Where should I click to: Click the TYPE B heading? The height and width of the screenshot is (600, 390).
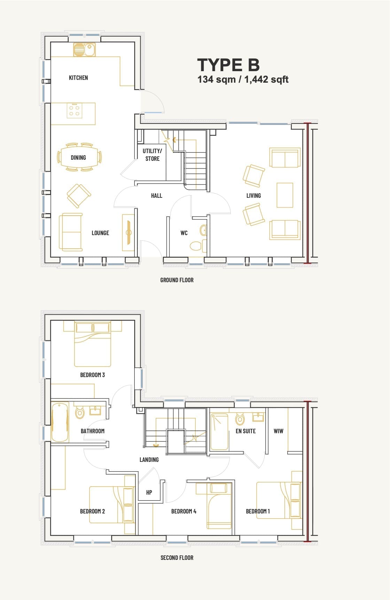coord(228,65)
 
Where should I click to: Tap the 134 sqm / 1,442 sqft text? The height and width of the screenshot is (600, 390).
coord(243,80)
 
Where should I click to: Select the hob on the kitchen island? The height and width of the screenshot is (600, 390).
coord(75,110)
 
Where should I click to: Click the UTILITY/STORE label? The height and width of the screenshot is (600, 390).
coord(152,155)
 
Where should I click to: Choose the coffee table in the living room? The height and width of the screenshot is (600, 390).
coord(285,195)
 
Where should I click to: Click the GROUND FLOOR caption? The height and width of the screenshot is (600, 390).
coord(177,280)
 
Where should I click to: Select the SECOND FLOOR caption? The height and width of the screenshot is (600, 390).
coord(177,557)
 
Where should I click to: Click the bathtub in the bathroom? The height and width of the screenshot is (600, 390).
coord(60,422)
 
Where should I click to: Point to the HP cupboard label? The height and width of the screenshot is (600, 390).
coord(149,492)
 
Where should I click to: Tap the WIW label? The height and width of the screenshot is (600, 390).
coord(278,431)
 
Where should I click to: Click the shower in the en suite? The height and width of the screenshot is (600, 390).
coord(219,432)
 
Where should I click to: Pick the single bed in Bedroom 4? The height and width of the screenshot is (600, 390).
coord(220,505)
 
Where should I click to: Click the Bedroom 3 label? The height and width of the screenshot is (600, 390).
coord(92,375)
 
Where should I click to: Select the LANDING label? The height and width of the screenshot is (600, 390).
coord(149,459)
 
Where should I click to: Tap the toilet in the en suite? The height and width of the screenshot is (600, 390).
coord(240,419)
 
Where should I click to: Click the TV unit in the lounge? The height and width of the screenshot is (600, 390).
coord(128,233)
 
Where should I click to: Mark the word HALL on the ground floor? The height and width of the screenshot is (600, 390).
coord(156,195)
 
